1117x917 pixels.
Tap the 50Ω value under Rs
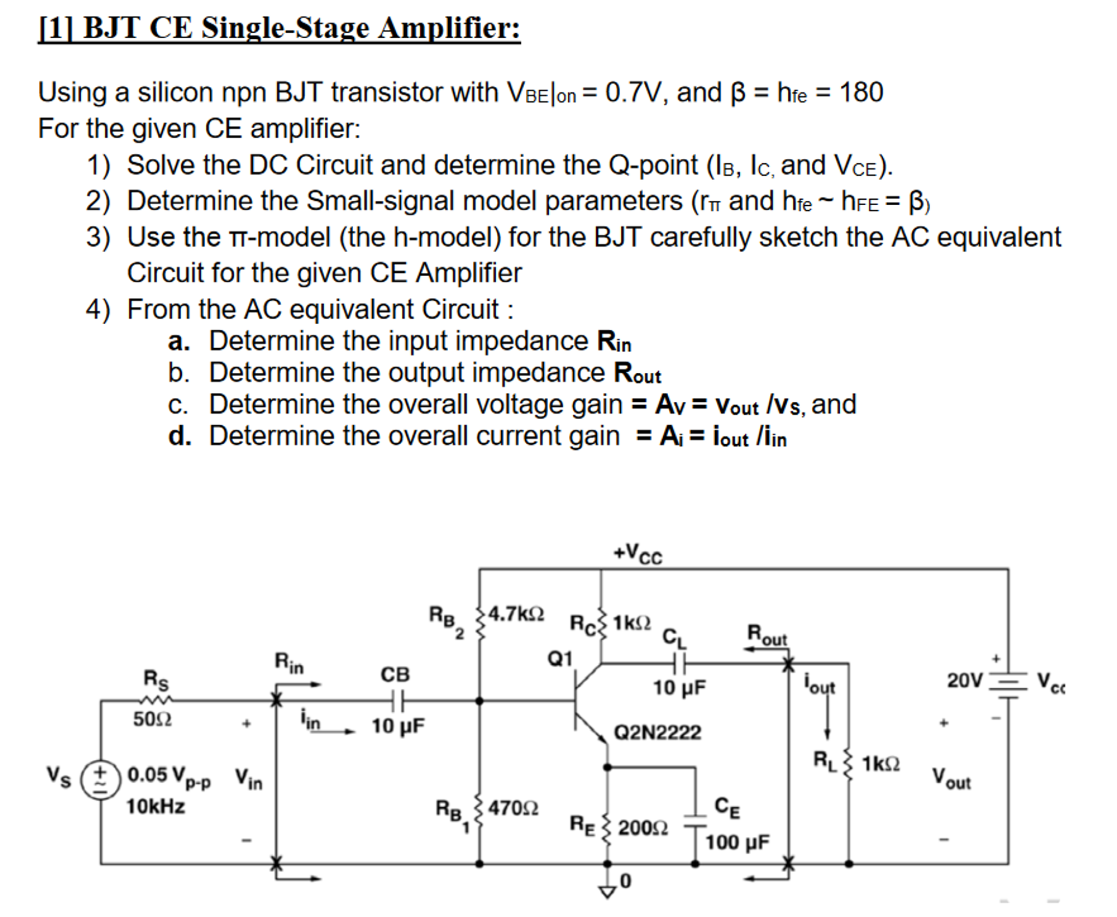[152, 719]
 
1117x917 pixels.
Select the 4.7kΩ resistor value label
[516, 614]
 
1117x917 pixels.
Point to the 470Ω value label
[513, 807]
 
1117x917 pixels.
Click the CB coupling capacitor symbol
[397, 700]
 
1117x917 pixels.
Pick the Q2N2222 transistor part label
[657, 732]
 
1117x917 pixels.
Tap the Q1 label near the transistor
[560, 659]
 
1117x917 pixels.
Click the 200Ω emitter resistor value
[643, 828]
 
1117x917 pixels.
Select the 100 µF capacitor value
[737, 842]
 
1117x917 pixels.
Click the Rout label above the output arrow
[767, 635]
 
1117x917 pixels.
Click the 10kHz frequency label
[156, 806]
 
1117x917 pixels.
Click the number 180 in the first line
[861, 92]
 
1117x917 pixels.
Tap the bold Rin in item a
[614, 342]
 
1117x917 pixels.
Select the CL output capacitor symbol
[679, 664]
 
